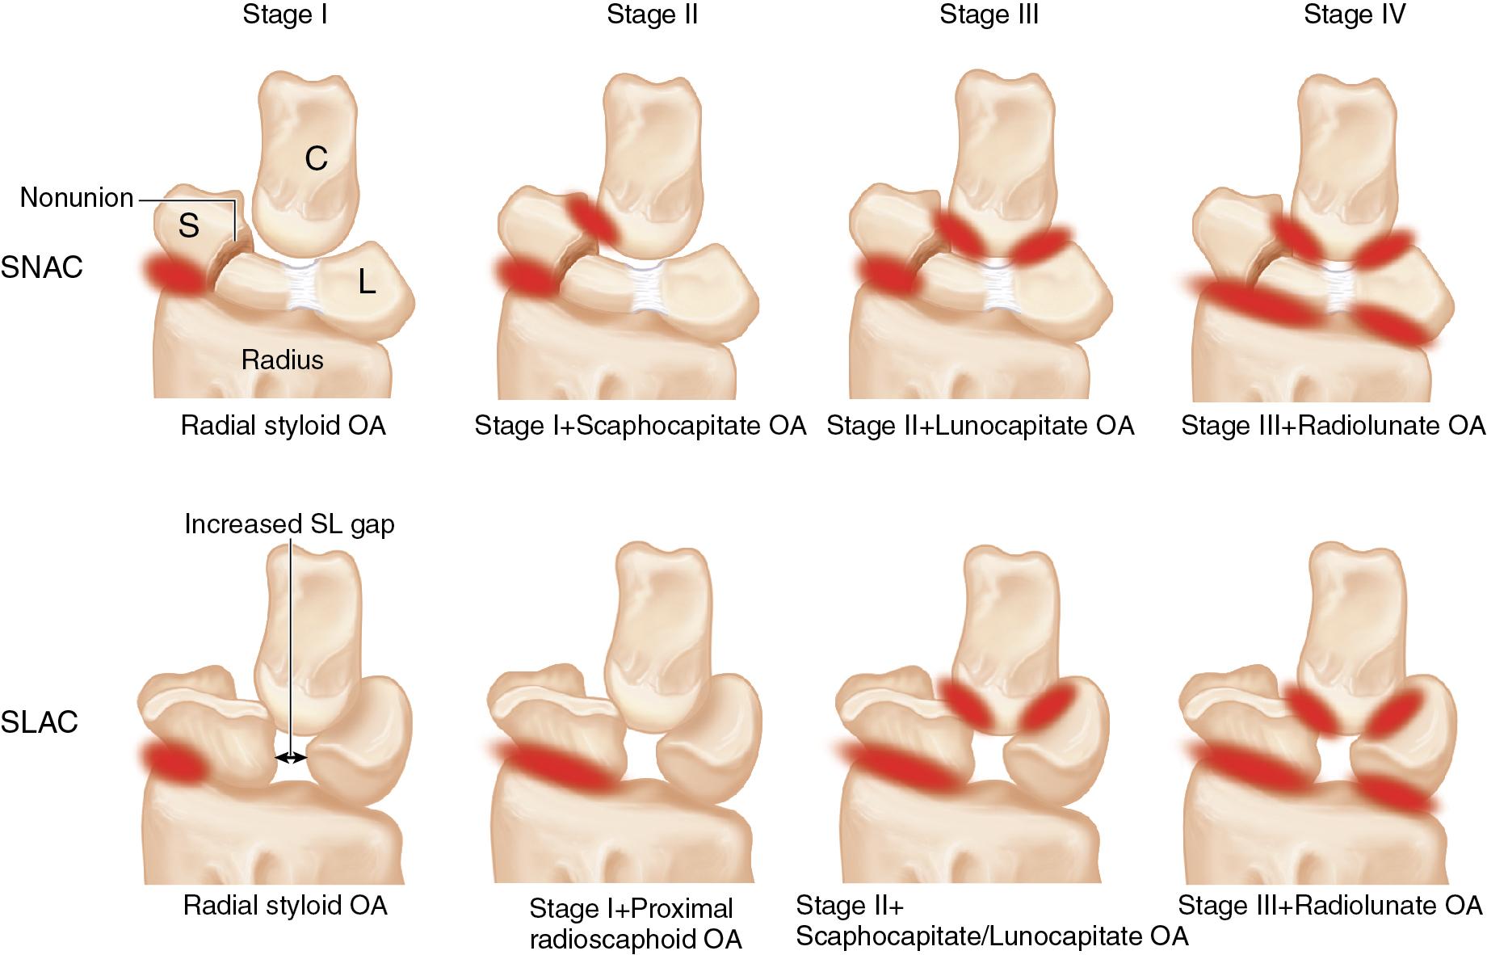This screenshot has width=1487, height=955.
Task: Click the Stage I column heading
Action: (x=284, y=15)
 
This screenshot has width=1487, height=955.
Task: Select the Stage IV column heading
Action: (x=1355, y=15)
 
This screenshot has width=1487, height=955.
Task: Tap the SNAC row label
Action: (x=41, y=267)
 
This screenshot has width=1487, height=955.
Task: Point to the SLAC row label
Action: (x=40, y=722)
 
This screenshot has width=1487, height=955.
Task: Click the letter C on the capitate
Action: (x=316, y=158)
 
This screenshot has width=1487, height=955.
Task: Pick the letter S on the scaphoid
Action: (x=188, y=226)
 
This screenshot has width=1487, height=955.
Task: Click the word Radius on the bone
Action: (x=282, y=360)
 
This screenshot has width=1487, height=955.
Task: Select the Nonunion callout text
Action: (x=77, y=198)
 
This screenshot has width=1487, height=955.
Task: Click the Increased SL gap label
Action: (x=289, y=524)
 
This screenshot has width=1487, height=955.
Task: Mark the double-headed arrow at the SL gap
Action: (x=291, y=757)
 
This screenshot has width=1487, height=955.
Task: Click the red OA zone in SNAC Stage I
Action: (x=174, y=274)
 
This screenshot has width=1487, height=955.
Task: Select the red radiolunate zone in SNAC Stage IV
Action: (x=1391, y=327)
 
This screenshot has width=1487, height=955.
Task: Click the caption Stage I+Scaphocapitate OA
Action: (x=640, y=426)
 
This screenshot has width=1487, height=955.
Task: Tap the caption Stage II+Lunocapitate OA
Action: (x=980, y=426)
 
